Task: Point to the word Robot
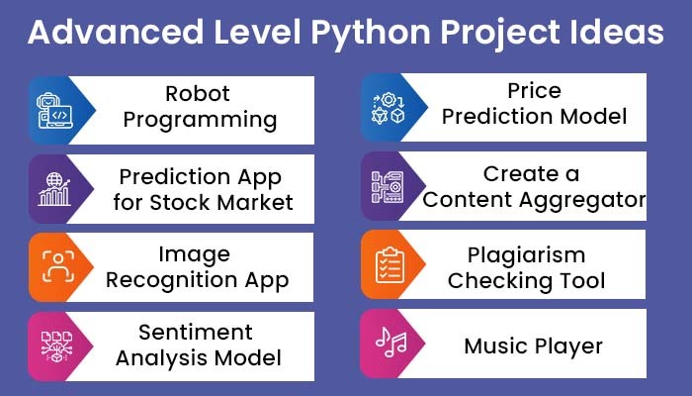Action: tap(198, 94)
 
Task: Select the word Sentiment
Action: tap(198, 332)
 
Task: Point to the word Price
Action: tap(535, 91)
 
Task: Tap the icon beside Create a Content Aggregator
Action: tap(387, 187)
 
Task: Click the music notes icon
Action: tap(387, 343)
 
